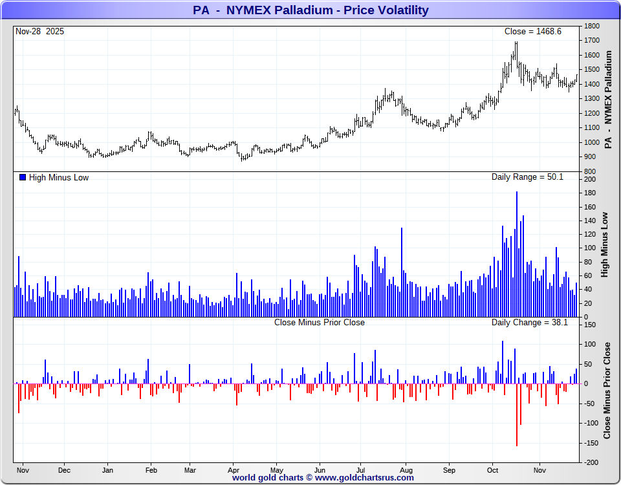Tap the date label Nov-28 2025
point(39,32)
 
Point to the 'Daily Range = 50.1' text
point(527,177)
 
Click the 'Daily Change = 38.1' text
point(529,322)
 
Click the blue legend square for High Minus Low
point(23,177)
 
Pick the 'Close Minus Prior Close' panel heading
point(319,322)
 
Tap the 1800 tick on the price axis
point(591,27)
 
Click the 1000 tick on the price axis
point(591,142)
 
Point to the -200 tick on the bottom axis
point(590,463)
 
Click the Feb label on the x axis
point(151,470)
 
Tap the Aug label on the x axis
point(406,470)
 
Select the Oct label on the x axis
point(493,470)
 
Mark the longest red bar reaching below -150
point(517,414)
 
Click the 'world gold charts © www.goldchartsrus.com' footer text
point(323,478)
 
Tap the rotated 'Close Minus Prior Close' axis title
point(607,391)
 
